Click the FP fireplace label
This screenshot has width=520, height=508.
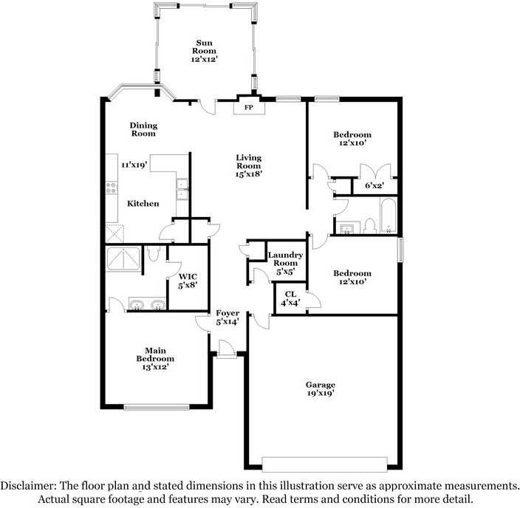click(x=248, y=109)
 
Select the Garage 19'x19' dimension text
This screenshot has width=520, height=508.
click(x=321, y=394)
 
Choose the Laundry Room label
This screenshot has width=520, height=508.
click(x=286, y=259)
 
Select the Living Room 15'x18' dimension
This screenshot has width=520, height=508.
click(x=249, y=174)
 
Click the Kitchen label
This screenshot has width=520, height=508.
click(x=143, y=203)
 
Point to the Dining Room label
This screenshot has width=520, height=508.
click(x=143, y=129)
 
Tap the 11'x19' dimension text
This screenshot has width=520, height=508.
click(x=135, y=165)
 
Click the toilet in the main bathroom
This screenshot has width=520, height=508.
click(x=154, y=254)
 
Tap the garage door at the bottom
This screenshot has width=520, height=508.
click(x=325, y=464)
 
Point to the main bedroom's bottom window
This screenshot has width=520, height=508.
click(x=155, y=406)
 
